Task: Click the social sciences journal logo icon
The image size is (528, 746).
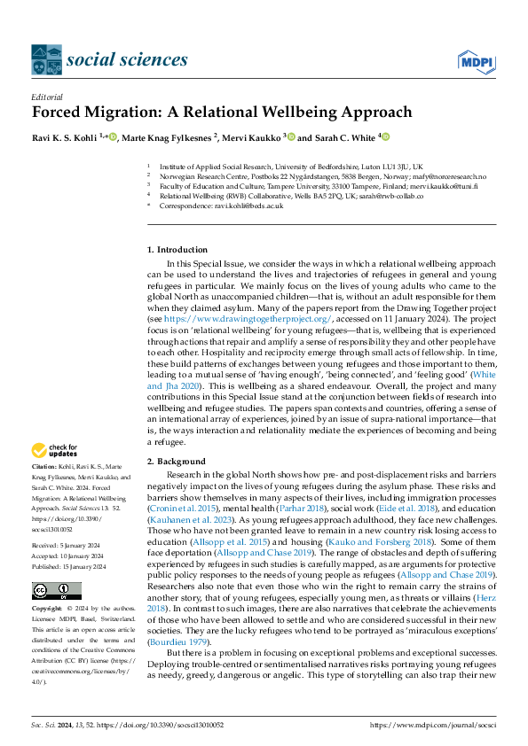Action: pyautogui.click(x=46, y=59)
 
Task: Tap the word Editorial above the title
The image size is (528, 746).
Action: pyautogui.click(x=47, y=97)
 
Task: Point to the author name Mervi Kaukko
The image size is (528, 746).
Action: pyautogui.click(x=250, y=138)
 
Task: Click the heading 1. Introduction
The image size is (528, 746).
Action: pyautogui.click(x=177, y=250)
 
